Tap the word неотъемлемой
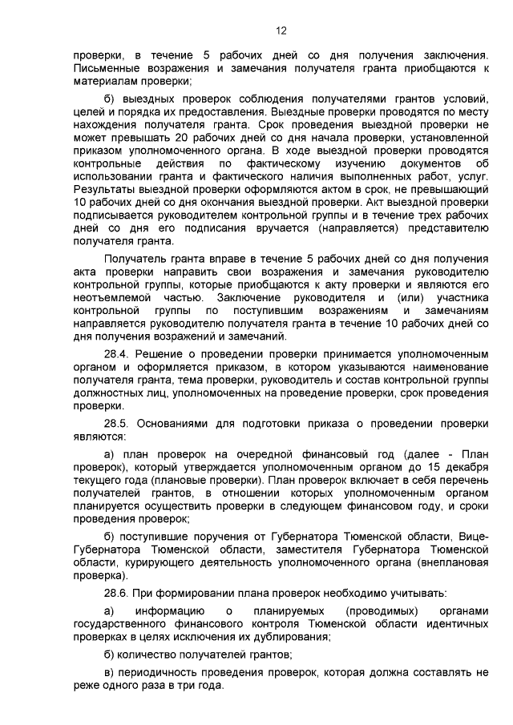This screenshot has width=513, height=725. pos(103,298)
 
